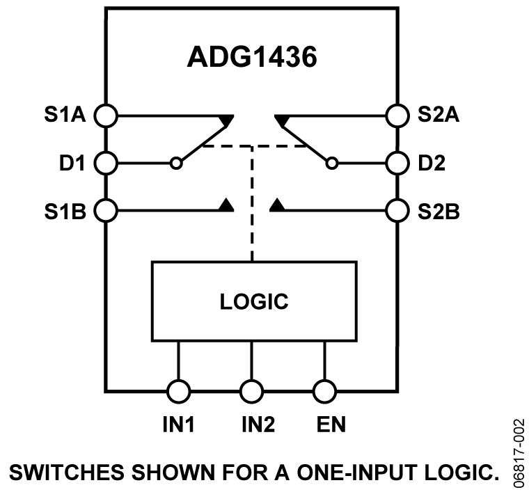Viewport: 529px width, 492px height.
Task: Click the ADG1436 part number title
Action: click(x=252, y=58)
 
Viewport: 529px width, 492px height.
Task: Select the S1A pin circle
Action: click(x=106, y=115)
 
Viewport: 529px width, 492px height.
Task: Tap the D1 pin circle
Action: click(x=106, y=164)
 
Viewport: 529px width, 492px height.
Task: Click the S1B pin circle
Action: click(x=106, y=209)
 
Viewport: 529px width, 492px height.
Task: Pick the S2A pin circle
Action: click(x=397, y=115)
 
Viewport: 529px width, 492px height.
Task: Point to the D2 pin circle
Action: click(x=397, y=164)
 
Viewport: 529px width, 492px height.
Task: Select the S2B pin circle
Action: click(x=397, y=209)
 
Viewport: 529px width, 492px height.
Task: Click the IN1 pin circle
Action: click(x=178, y=390)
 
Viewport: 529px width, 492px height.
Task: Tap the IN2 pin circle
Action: click(x=251, y=390)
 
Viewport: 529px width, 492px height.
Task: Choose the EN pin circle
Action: click(x=324, y=390)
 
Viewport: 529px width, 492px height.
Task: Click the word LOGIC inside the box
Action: click(x=254, y=302)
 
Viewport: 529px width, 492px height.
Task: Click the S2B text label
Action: click(x=439, y=210)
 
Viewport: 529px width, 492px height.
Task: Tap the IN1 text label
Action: click(x=178, y=424)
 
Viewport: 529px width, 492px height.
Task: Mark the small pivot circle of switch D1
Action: click(x=176, y=164)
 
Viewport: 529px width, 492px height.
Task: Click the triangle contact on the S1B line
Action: click(x=226, y=205)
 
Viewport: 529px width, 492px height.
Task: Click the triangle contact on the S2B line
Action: click(x=277, y=205)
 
